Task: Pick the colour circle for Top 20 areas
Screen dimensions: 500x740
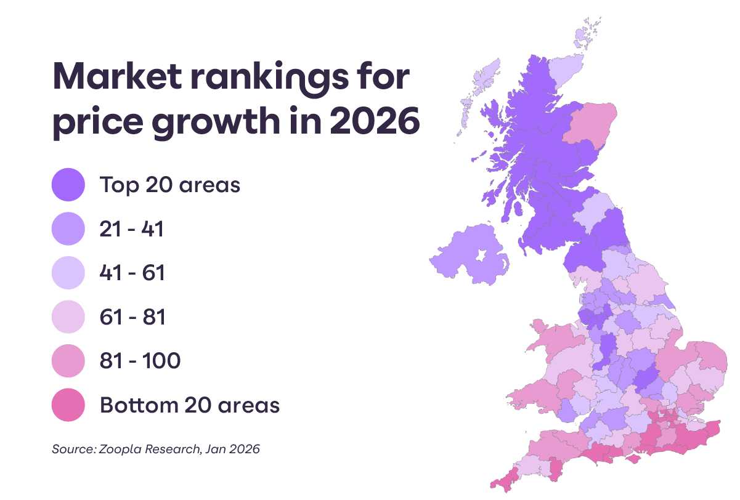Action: click(x=68, y=185)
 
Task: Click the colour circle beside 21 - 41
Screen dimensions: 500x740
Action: click(x=68, y=229)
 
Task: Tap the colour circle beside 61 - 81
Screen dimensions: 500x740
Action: click(x=68, y=317)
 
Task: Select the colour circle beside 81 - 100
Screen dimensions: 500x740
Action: click(x=68, y=361)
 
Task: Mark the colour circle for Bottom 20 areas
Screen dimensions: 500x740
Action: click(x=68, y=405)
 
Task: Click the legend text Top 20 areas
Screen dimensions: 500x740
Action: click(x=169, y=185)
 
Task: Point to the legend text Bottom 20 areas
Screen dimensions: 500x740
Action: click(x=190, y=405)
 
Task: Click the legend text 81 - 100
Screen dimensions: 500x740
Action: click(x=140, y=361)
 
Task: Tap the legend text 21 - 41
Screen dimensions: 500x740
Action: click(x=131, y=229)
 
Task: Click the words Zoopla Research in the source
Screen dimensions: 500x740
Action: click(x=148, y=449)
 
